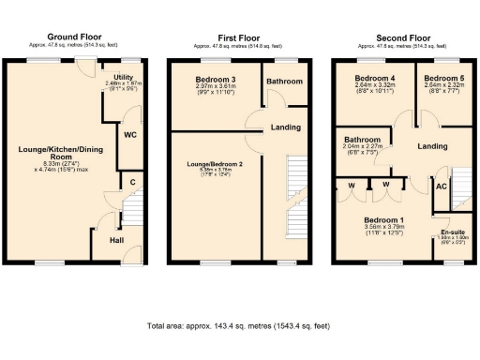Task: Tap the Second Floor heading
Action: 404,37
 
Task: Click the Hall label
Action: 117,240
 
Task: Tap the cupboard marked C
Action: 133,181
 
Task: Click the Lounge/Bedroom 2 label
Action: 215,164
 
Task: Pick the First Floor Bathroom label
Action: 284,82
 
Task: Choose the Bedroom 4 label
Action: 375,77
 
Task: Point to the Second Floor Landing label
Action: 432,147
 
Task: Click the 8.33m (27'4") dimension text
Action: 61,162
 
